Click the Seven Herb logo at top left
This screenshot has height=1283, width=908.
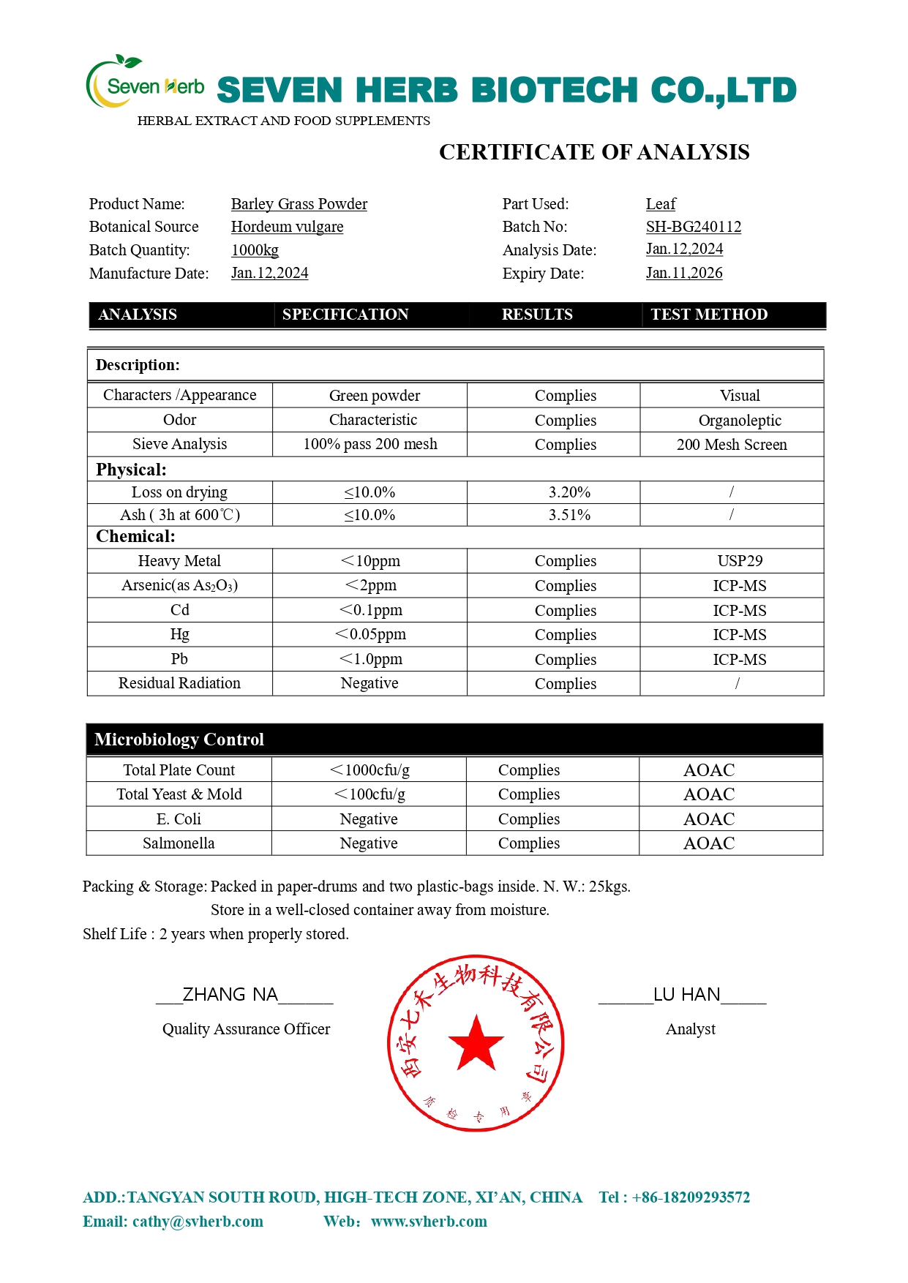145,83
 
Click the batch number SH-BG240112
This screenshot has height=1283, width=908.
693,227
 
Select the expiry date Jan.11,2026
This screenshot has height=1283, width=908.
684,273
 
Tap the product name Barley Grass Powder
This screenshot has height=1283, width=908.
299,204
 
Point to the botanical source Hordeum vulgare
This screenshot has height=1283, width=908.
287,227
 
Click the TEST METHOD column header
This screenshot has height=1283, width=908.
709,315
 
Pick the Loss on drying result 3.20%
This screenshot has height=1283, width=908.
569,492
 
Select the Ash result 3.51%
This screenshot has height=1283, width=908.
569,515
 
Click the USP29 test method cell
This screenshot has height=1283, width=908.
740,561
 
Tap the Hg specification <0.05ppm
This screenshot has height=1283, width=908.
370,634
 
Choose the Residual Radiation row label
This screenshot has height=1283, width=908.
179,683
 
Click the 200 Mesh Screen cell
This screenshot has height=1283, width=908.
732,445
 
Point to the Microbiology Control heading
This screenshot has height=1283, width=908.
179,740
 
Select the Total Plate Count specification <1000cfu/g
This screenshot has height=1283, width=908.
369,770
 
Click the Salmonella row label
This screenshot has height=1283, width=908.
179,843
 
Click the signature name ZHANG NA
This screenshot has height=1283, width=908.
230,995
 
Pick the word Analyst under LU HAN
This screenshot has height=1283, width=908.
690,1029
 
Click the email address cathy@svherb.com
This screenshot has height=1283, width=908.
198,1222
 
